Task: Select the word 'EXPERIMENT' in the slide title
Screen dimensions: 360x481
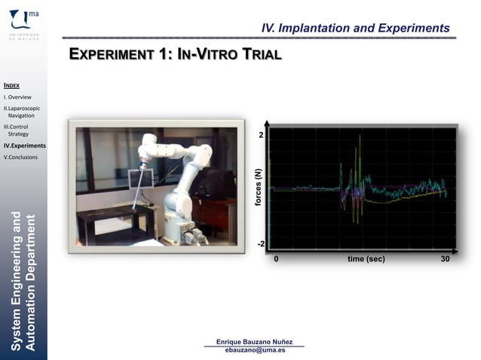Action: [x=113, y=55]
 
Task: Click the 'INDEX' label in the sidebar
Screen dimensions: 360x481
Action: [x=11, y=86]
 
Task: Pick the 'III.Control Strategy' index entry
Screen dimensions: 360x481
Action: [x=17, y=130]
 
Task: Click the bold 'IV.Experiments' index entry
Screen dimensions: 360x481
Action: [x=24, y=145]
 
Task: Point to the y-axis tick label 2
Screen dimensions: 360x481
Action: [x=261, y=136]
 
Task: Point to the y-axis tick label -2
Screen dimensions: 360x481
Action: [x=260, y=245]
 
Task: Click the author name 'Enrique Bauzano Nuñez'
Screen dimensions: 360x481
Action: [x=255, y=343]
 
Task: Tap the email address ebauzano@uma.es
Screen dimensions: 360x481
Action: [x=255, y=351]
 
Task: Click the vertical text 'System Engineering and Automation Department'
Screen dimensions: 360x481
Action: [x=23, y=282]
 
